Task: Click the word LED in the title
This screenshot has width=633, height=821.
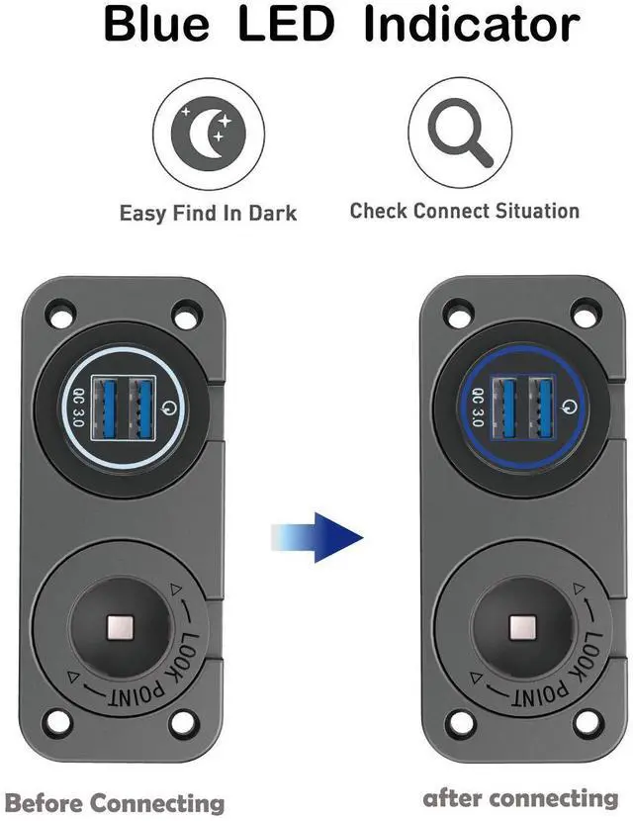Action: (287, 25)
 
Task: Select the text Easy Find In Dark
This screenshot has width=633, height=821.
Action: (208, 213)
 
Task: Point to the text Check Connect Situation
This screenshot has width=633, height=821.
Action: (464, 211)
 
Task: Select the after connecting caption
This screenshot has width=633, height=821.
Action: (520, 798)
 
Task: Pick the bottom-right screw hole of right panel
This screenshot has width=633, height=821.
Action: (586, 720)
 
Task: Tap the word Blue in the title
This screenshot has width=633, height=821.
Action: (161, 25)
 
